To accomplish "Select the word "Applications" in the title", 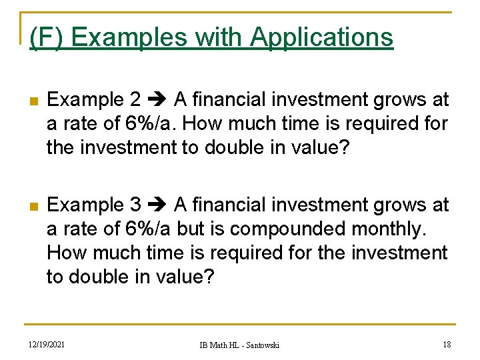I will [x=321, y=37].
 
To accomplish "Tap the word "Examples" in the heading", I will [x=129, y=37].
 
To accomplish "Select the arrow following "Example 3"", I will [x=157, y=205].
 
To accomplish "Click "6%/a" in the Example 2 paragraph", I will [x=147, y=124].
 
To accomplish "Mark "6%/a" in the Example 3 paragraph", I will [x=147, y=229].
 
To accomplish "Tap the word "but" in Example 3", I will [x=190, y=229].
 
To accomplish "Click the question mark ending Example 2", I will [x=343, y=147].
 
